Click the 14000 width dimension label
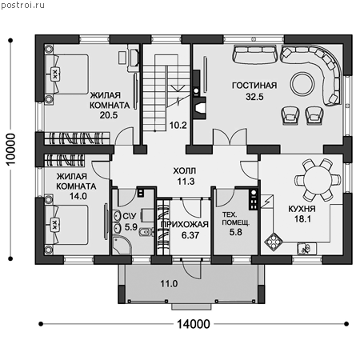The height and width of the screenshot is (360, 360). pos(194,324)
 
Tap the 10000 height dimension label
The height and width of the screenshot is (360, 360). pos(11,150)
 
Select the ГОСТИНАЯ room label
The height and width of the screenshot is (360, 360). pos(254,86)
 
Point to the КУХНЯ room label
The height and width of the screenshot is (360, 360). pos(302,209)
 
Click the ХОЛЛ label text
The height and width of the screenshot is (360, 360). pos(185,170)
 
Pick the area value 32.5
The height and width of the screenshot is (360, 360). pos(254,97)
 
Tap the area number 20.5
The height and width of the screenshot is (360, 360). pos(109,115)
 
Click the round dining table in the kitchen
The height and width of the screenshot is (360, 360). pos(318,179)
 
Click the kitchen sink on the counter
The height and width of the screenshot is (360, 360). pos(307,249)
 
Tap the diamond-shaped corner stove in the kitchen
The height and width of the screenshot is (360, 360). pos(274,242)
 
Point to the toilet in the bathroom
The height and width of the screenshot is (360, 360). pos(146,232)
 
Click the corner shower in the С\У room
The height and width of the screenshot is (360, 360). pos(121,246)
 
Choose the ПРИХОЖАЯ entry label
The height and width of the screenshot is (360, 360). pos(185,224)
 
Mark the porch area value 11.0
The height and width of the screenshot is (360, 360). pos(169,284)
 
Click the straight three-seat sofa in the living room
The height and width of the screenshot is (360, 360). pos(254,54)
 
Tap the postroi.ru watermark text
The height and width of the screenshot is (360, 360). pos(23,6)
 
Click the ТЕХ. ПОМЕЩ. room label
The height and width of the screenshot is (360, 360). pos(236,218)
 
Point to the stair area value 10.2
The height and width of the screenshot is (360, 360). pos(178,125)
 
